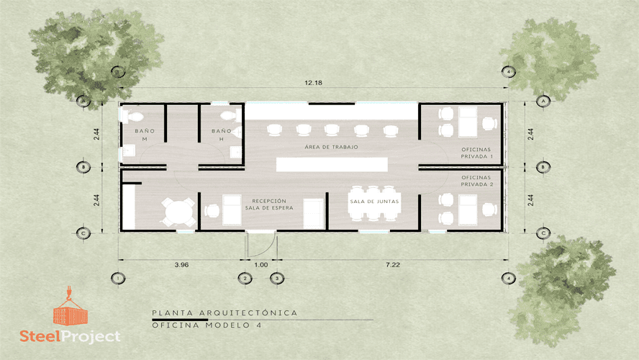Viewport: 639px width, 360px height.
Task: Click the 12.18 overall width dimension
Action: pos(313,83)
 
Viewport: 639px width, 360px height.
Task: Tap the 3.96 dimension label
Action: pos(181,264)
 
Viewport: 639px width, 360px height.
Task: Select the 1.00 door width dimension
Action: pos(260,264)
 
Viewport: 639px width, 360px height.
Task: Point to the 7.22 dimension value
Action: pos(392,264)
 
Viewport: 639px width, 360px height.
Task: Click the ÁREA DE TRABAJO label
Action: pos(331,147)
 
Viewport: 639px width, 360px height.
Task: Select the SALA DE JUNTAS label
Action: pos(374,201)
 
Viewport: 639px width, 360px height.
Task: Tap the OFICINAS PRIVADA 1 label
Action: pos(476,153)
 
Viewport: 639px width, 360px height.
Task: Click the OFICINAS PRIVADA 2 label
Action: pos(476,181)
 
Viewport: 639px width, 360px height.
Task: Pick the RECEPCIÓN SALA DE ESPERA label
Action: pos(269,204)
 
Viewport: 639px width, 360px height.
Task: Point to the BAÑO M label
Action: pos(145,135)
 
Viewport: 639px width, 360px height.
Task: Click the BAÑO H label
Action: pos(222,135)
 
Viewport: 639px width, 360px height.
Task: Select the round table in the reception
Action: pos(178,212)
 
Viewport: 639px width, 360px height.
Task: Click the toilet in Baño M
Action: pos(132,117)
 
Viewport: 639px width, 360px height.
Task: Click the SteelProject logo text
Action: pos(70,336)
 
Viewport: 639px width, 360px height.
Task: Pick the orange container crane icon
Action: pos(70,306)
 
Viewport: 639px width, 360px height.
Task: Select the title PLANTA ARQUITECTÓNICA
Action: pos(225,312)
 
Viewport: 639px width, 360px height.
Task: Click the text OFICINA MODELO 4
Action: pos(207,325)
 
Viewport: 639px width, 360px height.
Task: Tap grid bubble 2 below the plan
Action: pos(245,279)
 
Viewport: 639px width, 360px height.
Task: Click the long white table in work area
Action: pos(332,165)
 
